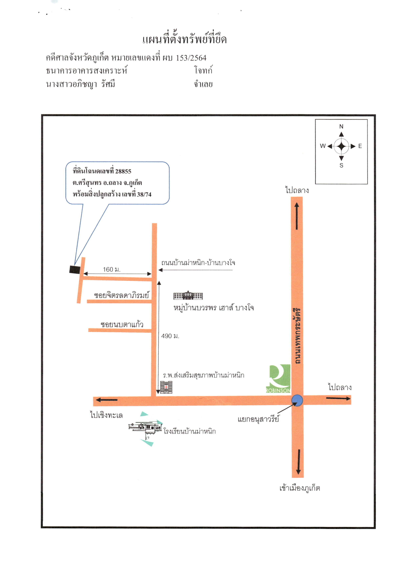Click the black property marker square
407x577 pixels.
(75, 269)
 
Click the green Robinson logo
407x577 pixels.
(278, 378)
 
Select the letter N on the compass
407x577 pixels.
(341, 126)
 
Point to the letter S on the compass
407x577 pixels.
(341, 165)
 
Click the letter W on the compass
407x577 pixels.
(323, 146)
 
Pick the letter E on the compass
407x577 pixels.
(360, 146)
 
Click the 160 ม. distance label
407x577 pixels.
(112, 269)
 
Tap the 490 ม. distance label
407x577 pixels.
(170, 336)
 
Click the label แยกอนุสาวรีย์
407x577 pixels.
(258, 419)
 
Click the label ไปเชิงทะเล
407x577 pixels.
(107, 415)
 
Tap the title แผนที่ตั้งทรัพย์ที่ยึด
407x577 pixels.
(185, 39)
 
